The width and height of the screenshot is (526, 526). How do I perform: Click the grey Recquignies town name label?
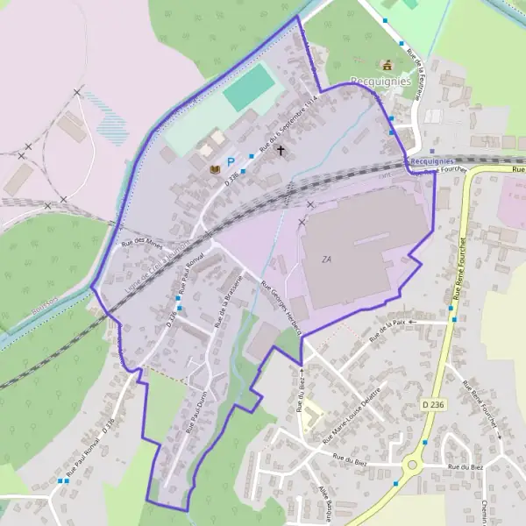click(x=380, y=81)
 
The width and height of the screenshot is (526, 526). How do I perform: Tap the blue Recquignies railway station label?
click(x=431, y=161)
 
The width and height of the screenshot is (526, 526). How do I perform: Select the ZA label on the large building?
click(x=328, y=259)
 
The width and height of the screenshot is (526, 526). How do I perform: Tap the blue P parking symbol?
click(x=231, y=161)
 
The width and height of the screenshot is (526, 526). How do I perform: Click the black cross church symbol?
click(x=281, y=151)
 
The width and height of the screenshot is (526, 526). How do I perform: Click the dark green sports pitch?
click(x=250, y=89)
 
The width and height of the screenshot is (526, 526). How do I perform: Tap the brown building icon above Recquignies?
click(x=386, y=64)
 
